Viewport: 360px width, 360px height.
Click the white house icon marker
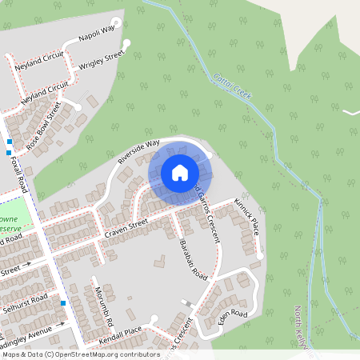coord(180,172)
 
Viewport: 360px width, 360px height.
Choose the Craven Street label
coord(126,226)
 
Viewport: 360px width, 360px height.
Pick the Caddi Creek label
coord(233,86)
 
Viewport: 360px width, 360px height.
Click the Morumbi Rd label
coord(102,303)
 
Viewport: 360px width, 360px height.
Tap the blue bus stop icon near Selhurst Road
coord(63,303)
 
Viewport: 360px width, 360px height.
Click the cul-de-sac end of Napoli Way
coord(117,22)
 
